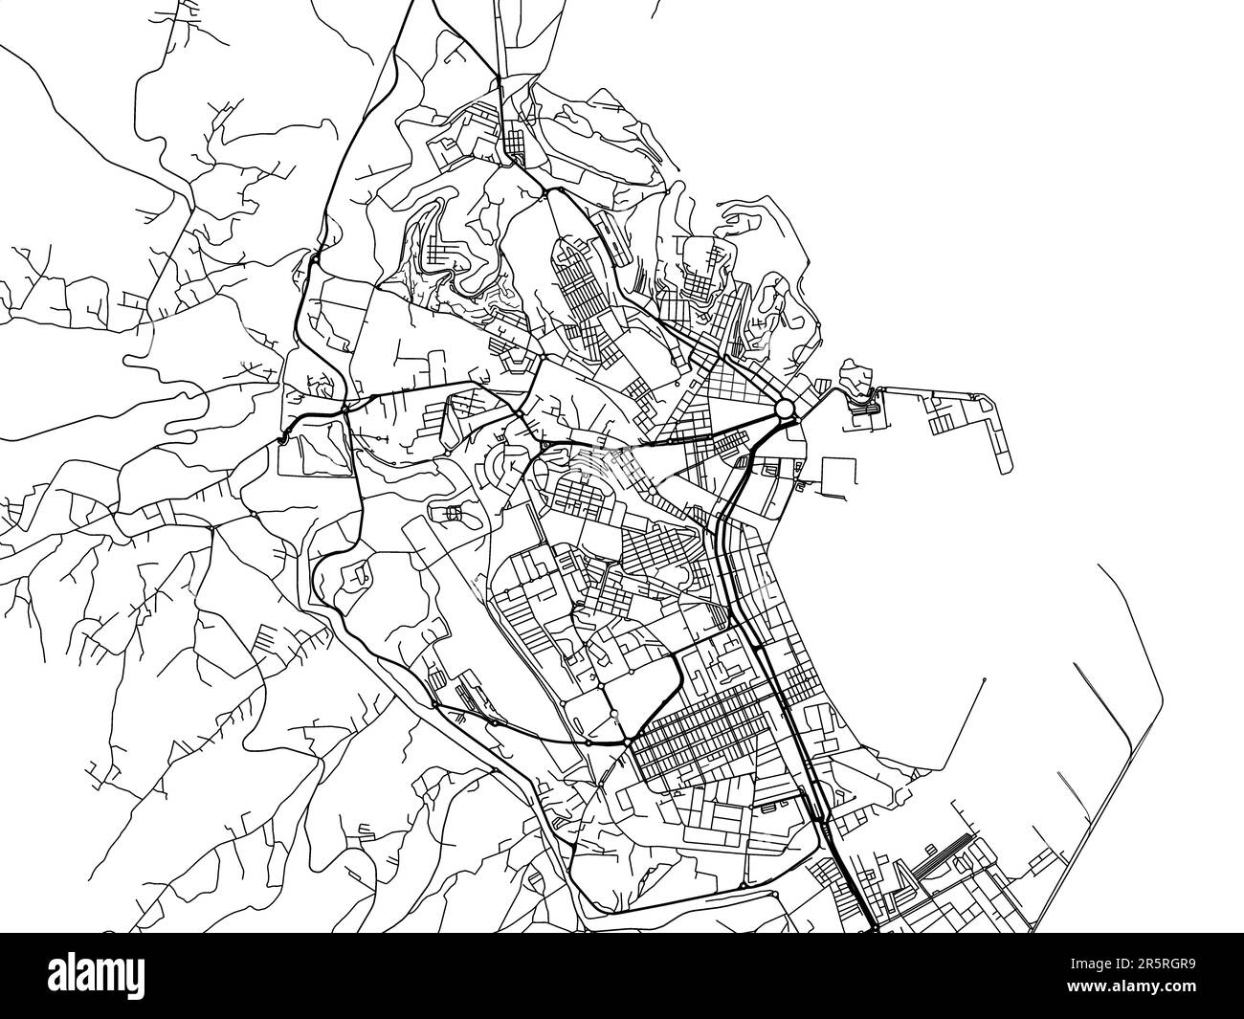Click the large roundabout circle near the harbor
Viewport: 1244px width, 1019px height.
point(785,410)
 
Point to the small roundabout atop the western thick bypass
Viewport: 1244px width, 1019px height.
point(315,257)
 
